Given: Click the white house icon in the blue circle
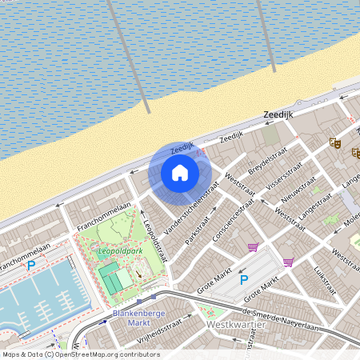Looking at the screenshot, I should tap(180, 173).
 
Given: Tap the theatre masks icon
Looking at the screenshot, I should tap(335, 142).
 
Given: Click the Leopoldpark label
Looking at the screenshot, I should tap(119, 251).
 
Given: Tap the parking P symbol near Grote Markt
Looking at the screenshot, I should tap(245, 280).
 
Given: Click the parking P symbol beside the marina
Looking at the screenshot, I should tap(31, 265).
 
